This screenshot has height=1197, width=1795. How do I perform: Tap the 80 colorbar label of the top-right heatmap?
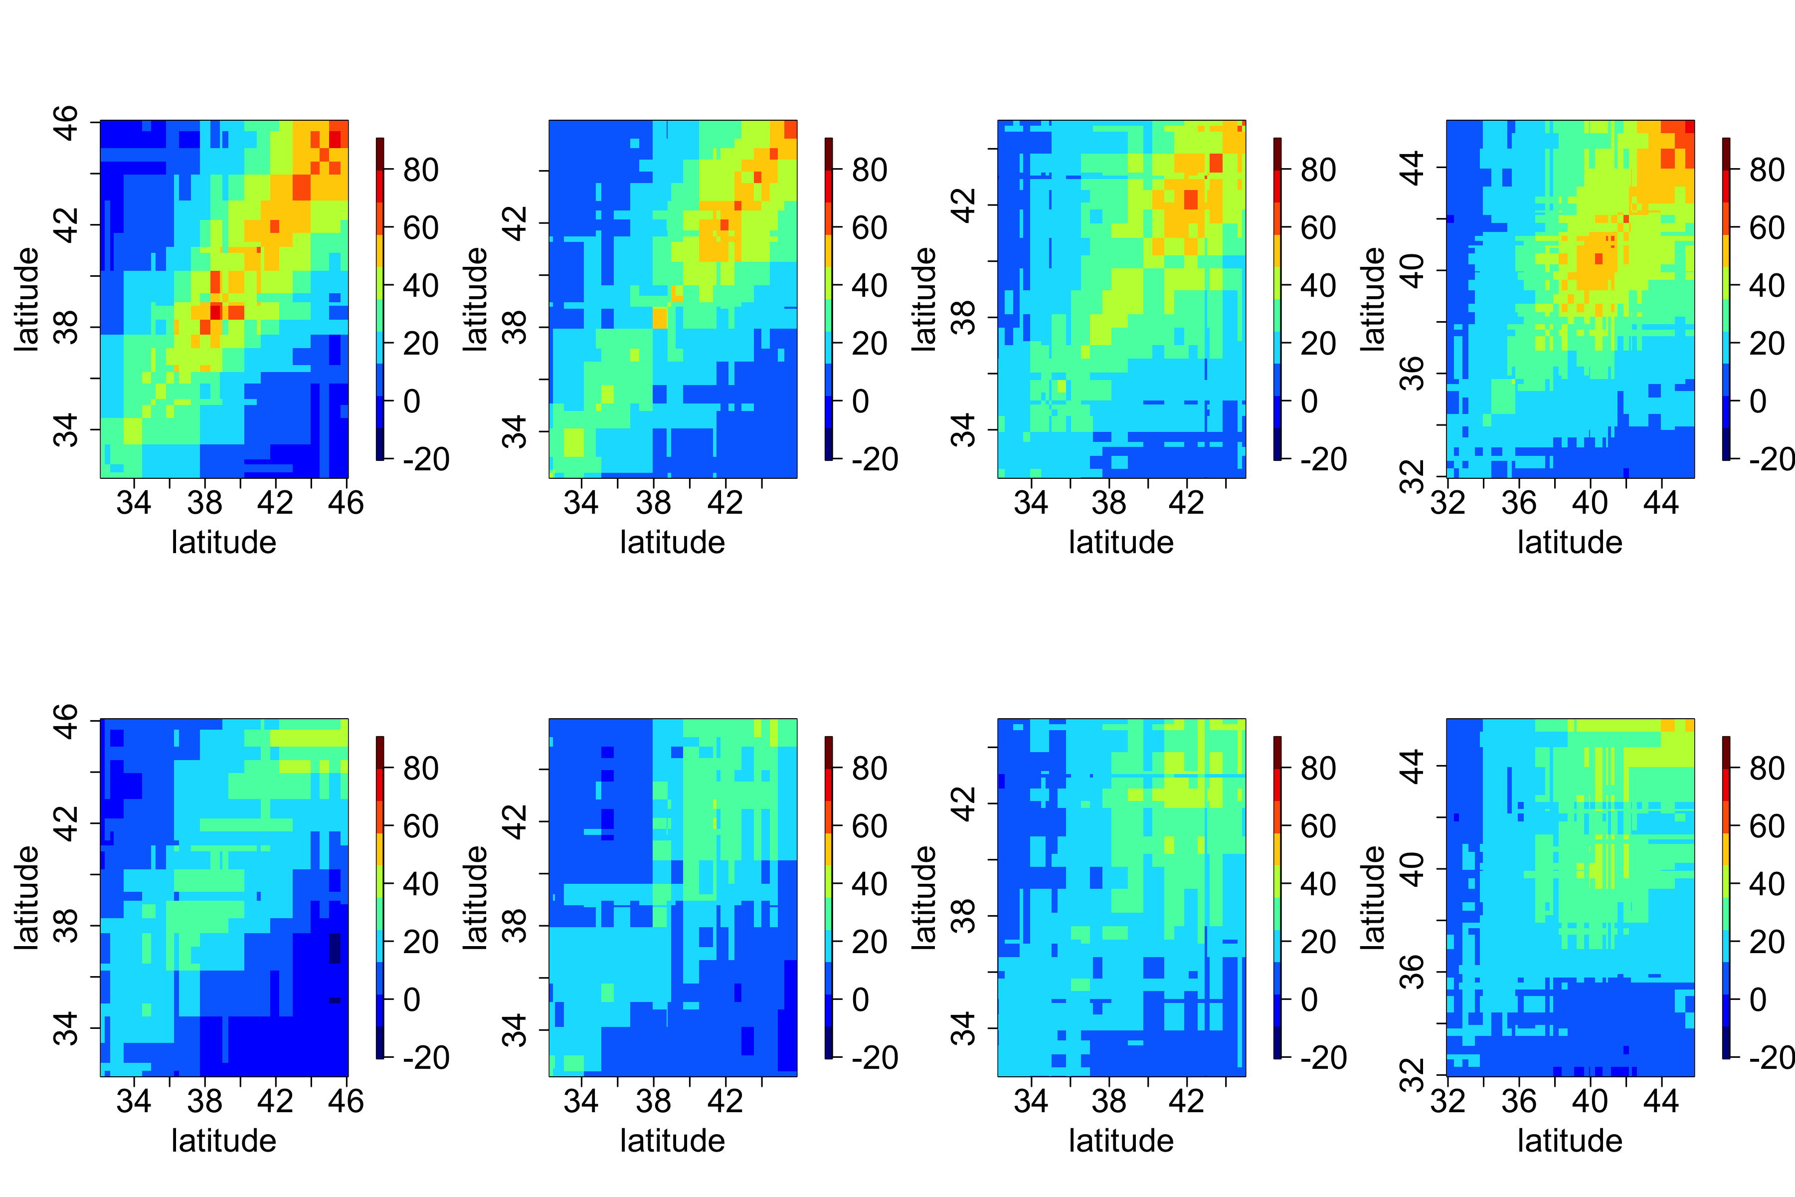click(1767, 170)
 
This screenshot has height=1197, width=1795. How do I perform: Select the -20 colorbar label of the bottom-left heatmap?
click(426, 1057)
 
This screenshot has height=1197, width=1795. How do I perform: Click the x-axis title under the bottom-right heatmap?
click(1569, 1141)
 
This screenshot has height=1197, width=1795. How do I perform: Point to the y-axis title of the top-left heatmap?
click(27, 299)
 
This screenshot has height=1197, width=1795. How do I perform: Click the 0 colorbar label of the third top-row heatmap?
click(1309, 401)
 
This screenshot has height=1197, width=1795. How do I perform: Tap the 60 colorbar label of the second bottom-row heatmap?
click(869, 826)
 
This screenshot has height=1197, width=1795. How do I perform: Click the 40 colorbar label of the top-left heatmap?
click(420, 285)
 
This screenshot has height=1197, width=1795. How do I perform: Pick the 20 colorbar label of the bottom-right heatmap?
click(1767, 942)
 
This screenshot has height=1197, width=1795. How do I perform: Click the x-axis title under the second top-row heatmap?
click(672, 543)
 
